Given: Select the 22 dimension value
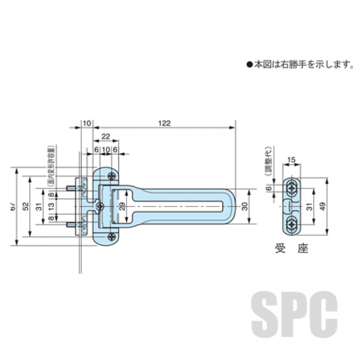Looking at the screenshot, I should pyautogui.click(x=105, y=137).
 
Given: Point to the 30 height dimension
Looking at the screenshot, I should pyautogui.click(x=244, y=206).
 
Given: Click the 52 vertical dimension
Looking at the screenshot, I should pyautogui.click(x=25, y=206).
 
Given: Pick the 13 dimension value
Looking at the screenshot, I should pyautogui.click(x=51, y=206).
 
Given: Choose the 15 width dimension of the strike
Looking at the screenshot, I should pyautogui.click(x=291, y=159).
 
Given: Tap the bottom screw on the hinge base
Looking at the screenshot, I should pyautogui.click(x=112, y=238).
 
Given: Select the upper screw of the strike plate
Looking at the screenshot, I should pyautogui.click(x=292, y=188).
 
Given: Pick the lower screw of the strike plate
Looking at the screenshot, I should pyautogui.click(x=292, y=226).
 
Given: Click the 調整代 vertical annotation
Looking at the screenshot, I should pyautogui.click(x=270, y=161).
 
